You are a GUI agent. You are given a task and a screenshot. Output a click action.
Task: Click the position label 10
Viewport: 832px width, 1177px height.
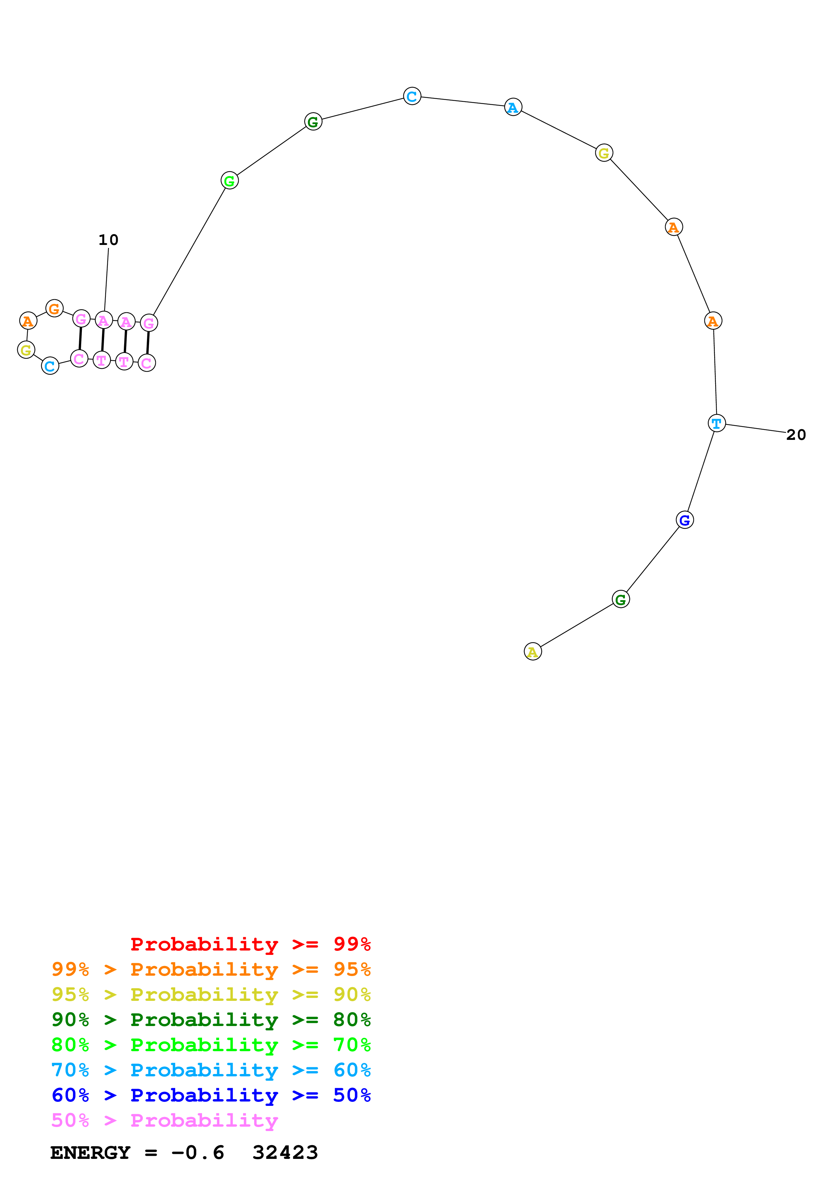tap(108, 240)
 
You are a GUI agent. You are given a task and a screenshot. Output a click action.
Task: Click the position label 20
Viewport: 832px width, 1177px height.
tap(796, 435)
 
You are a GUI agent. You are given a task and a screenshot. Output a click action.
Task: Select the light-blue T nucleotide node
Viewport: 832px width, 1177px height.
tap(716, 423)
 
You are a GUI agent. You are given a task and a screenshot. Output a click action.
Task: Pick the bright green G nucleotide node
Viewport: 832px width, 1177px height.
tap(229, 181)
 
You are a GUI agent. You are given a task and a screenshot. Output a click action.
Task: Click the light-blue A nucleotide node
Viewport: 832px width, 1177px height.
tap(512, 107)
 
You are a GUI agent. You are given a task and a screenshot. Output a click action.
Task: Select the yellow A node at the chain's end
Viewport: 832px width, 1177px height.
tap(533, 652)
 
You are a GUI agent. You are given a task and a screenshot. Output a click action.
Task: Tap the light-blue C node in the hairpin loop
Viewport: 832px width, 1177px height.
tap(50, 366)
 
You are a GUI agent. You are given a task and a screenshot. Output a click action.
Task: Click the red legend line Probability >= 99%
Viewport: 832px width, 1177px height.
tap(250, 944)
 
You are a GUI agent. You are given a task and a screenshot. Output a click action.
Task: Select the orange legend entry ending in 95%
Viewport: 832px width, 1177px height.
tap(211, 969)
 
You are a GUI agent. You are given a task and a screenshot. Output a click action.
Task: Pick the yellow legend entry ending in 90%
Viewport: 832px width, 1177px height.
tap(211, 994)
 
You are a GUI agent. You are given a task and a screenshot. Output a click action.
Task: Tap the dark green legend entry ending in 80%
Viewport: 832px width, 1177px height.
tap(211, 1020)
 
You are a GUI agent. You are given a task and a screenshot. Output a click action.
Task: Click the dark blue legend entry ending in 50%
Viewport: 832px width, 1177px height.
tap(211, 1095)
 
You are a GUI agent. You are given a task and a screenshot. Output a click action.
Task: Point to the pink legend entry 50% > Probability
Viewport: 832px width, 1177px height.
tap(164, 1120)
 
